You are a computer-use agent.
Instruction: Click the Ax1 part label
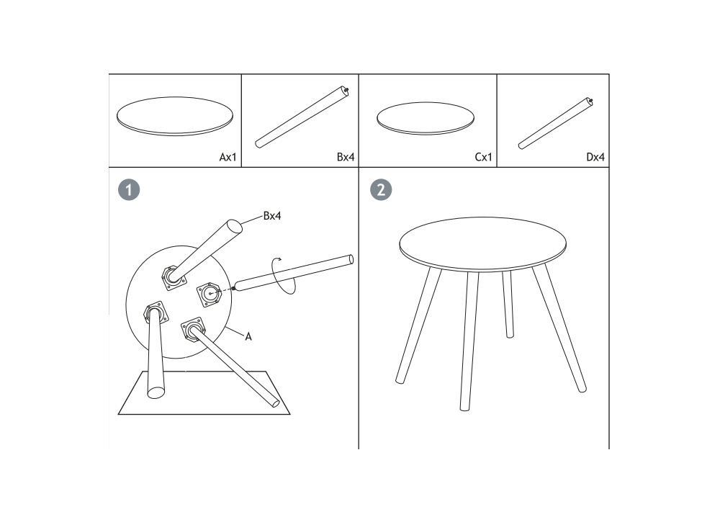[x=228, y=157]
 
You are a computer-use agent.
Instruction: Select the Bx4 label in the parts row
[x=346, y=157]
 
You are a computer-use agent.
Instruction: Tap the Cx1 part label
[x=483, y=157]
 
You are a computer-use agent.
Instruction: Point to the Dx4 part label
[x=595, y=157]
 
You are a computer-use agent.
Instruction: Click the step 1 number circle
[x=129, y=189]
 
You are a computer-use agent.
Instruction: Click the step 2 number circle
[x=381, y=189]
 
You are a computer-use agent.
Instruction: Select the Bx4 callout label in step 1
[x=272, y=216]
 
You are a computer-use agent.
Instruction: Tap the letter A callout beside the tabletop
[x=248, y=336]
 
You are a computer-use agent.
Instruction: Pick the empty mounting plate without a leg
[x=210, y=294]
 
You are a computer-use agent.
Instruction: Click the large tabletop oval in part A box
[x=175, y=116]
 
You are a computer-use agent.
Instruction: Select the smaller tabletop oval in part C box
[x=426, y=119]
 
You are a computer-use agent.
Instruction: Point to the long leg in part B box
[x=301, y=117]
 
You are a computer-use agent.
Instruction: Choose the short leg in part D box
[x=554, y=124]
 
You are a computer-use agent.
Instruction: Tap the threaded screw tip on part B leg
[x=346, y=89]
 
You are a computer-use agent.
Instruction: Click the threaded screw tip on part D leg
[x=590, y=101]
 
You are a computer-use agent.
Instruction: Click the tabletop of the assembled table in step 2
[x=482, y=244]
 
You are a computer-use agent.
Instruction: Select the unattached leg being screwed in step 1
[x=293, y=273]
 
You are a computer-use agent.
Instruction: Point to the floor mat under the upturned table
[x=204, y=393]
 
